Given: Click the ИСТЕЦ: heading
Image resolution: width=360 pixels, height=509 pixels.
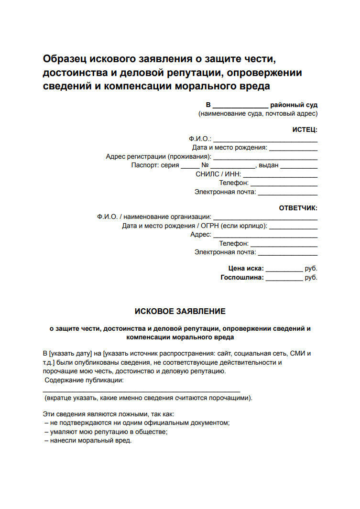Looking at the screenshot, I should coord(305,130).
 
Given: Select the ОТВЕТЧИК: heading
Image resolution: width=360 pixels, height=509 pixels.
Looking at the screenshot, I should coord(298,208).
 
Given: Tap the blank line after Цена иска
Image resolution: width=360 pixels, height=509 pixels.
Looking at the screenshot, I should coord(284,269).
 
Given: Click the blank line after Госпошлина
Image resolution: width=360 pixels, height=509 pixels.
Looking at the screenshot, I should coord(284,277).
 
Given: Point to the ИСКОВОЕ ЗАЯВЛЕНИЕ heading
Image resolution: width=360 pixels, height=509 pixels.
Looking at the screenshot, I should coord(180,311).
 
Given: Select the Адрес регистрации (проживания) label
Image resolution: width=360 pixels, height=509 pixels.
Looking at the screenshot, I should coord(158,157).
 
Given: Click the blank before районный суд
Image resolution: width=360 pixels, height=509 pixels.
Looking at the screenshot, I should coord(240,105).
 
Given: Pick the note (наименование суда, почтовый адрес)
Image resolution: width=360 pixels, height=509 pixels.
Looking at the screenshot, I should coord(258,114).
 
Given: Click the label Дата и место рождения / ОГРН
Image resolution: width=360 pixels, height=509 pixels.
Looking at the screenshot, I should coord(194,226).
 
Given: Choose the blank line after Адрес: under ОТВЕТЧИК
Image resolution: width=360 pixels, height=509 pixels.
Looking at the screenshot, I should coord(265,235).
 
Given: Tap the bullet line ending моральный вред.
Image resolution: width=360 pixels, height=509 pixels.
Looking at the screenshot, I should coord(87,441).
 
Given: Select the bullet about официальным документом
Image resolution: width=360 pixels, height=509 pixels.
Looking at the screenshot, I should coord(137,423).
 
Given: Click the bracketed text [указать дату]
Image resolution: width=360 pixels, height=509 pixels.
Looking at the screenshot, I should coord(70,354).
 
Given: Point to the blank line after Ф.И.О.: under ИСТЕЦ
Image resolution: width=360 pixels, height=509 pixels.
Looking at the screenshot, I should coord(265,139).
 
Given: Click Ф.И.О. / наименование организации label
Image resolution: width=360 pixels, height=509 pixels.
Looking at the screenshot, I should coord(154,217).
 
